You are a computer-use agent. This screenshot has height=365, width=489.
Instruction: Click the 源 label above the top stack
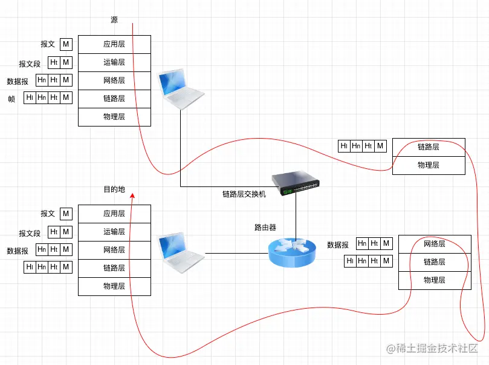pos(114,19)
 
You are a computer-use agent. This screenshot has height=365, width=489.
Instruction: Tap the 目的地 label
pos(114,189)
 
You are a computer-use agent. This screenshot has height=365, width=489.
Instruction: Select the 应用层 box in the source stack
pos(114,44)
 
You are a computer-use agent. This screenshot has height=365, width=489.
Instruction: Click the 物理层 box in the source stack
pos(114,117)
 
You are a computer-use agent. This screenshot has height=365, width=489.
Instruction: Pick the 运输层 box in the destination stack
pos(114,232)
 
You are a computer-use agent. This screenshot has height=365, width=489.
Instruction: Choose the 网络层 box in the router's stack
pos(435,244)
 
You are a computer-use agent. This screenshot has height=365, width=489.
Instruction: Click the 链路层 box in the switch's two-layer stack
pos(429,147)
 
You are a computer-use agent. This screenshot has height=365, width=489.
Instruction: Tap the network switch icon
pos(296,183)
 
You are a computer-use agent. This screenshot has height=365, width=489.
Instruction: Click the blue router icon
pos(292,252)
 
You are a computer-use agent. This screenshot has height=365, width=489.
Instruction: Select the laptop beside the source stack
pos(181,89)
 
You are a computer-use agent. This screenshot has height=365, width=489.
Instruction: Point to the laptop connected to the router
pos(181,253)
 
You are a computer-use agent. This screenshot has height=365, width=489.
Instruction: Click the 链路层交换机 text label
pos(244,194)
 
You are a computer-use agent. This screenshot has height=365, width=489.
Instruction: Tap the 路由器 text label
pos(265,228)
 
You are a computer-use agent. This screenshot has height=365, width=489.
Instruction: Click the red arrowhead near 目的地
pos(132,196)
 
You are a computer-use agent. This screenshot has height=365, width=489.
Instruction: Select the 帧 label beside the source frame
pos(11,99)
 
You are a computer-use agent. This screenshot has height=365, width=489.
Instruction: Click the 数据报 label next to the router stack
pos(338,245)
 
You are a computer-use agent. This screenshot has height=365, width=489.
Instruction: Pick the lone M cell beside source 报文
pos(66,44)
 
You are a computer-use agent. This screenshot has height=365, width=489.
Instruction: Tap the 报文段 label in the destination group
pos(30,234)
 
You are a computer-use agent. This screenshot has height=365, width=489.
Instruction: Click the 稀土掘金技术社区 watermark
pos(432,349)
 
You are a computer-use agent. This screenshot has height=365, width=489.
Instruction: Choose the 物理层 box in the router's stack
pos(435,280)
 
